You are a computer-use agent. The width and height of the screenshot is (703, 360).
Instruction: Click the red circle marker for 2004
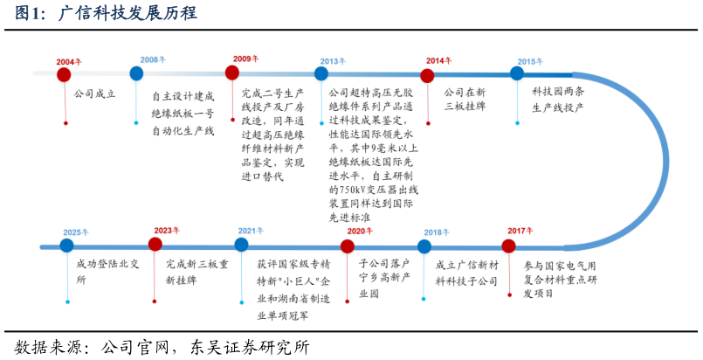[64, 75]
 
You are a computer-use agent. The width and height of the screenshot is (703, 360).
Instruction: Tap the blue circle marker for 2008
[136, 73]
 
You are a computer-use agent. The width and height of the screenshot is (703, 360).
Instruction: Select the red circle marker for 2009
[232, 73]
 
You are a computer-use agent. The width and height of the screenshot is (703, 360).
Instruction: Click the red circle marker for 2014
[427, 75]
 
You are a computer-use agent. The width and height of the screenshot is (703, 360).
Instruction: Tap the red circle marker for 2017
[509, 246]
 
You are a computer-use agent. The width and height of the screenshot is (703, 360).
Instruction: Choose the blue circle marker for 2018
[424, 246]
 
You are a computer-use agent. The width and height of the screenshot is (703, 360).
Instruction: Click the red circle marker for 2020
[347, 246]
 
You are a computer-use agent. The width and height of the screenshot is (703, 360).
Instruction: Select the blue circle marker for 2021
[242, 245]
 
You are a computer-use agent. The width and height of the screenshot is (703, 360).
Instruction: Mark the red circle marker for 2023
[155, 245]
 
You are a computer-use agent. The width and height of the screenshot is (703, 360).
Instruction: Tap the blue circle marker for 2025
[67, 246]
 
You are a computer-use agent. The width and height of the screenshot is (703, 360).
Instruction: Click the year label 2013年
[332, 62]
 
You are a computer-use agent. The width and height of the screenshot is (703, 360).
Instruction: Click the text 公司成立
[95, 92]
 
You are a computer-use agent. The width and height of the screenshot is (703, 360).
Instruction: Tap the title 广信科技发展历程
[127, 13]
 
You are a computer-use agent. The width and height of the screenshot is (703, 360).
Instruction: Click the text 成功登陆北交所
[105, 272]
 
